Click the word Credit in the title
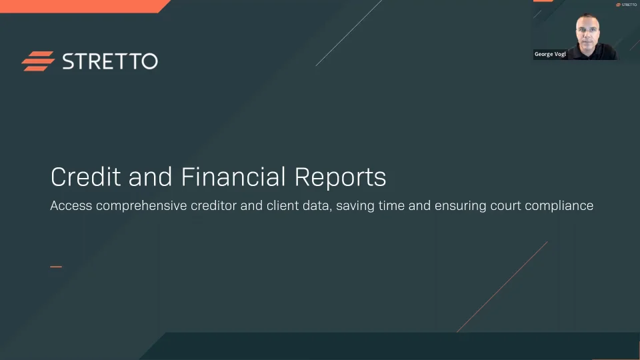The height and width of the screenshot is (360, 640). pyautogui.click(x=86, y=177)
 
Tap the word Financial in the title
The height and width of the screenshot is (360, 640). pyautogui.click(x=233, y=177)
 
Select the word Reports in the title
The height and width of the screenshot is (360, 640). pyautogui.click(x=341, y=177)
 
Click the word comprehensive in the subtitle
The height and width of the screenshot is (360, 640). pyautogui.click(x=141, y=206)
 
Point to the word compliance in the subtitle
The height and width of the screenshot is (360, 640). pyautogui.click(x=559, y=206)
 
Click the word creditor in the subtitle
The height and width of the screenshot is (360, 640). pyautogui.click(x=214, y=206)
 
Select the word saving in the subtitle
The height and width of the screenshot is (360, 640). pyautogui.click(x=355, y=206)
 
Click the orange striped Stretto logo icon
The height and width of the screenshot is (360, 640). pyautogui.click(x=38, y=61)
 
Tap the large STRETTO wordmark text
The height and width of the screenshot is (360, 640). pyautogui.click(x=110, y=61)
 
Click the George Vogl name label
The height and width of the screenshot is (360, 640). pyautogui.click(x=550, y=54)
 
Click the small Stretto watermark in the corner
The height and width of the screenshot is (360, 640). pyautogui.click(x=626, y=5)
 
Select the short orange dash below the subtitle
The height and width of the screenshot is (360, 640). pyautogui.click(x=56, y=267)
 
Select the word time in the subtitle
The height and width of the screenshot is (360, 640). pyautogui.click(x=391, y=206)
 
